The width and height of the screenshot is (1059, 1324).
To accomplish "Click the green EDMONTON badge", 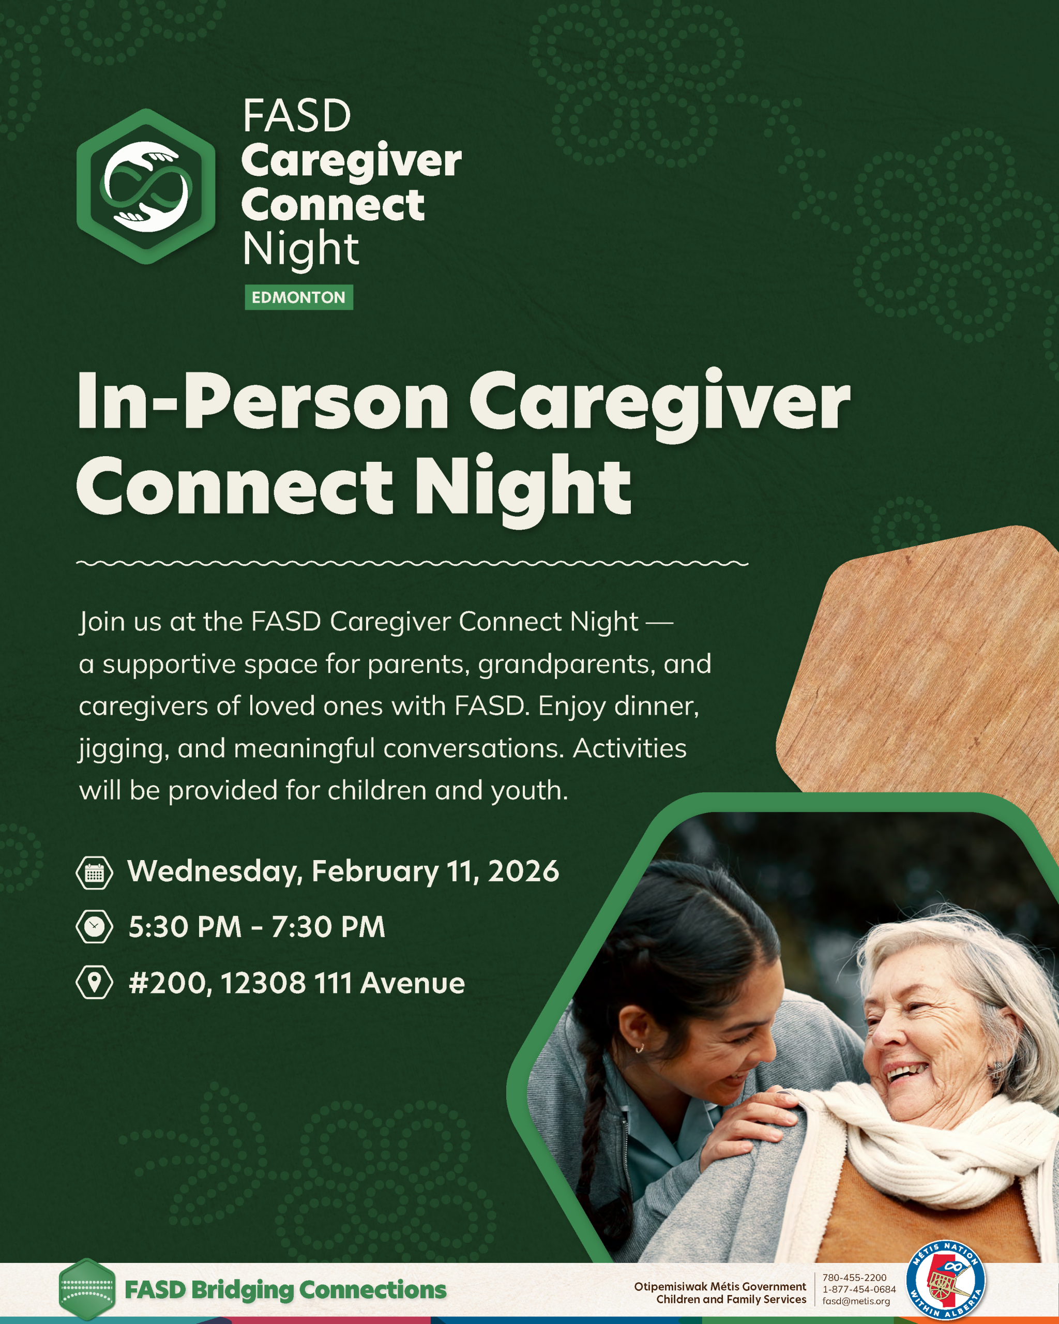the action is (299, 297).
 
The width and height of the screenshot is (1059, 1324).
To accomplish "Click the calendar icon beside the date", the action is (94, 872).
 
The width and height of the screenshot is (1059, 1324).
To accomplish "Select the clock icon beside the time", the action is (94, 927).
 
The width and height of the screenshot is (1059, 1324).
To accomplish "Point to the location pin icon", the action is (94, 983).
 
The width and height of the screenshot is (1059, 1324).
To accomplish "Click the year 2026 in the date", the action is (524, 871).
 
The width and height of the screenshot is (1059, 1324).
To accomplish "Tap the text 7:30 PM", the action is (328, 927).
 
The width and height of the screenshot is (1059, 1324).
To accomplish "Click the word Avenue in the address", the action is (413, 983).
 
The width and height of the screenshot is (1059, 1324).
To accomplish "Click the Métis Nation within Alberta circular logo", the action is (946, 1287).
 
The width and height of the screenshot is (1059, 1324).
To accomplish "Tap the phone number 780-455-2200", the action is (855, 1277).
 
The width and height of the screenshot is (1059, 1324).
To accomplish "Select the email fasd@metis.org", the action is (856, 1301).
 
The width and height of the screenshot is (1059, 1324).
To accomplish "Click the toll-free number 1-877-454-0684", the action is (859, 1289).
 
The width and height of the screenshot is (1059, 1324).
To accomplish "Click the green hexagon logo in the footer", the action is (87, 1289).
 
